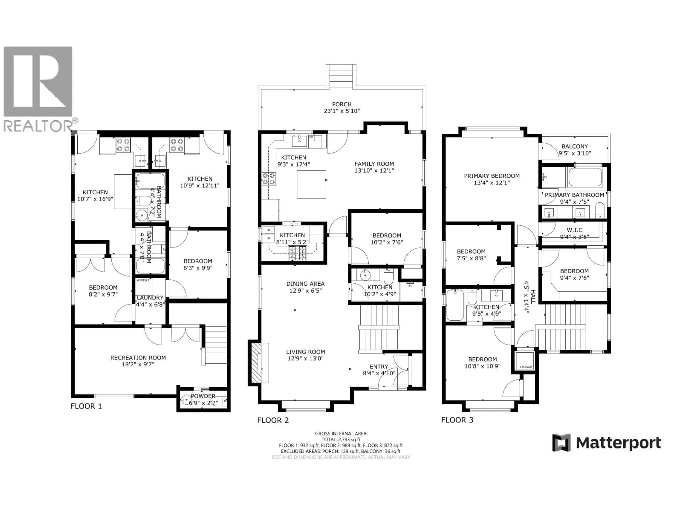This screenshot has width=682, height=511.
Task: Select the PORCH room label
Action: pyautogui.click(x=342, y=104)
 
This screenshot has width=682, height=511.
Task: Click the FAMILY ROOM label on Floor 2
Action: pyautogui.click(x=374, y=164)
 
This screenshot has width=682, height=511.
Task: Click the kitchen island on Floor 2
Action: pyautogui.click(x=311, y=184)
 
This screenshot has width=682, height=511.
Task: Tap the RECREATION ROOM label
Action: pyautogui.click(x=138, y=358)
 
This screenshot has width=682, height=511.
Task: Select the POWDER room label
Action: pyautogui.click(x=203, y=396)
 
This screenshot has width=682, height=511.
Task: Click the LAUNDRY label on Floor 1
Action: pyautogui.click(x=150, y=298)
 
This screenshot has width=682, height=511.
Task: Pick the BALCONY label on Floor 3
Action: pyautogui.click(x=574, y=147)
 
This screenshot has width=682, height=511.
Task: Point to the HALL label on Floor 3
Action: pyautogui.click(x=533, y=297)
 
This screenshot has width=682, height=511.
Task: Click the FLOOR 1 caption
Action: pyautogui.click(x=86, y=406)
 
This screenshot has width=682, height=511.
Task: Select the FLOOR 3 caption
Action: pyautogui.click(x=457, y=420)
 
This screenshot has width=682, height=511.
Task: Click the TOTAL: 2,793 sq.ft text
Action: pyautogui.click(x=341, y=439)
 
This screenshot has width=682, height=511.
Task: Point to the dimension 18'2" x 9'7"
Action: pyautogui.click(x=138, y=364)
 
